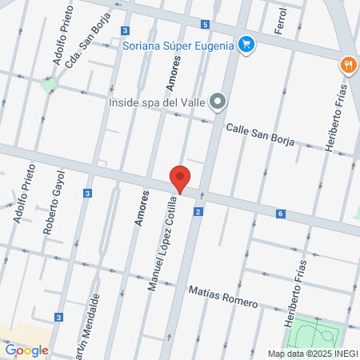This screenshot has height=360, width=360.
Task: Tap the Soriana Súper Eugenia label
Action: [x=178, y=45]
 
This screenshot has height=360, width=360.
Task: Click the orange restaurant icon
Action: [x=348, y=64]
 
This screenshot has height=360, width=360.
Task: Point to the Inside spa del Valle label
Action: [x=157, y=102]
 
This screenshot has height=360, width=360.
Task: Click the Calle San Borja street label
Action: [x=260, y=134]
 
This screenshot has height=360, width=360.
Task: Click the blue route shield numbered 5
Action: [x=206, y=26]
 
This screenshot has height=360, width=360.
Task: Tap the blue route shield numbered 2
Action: [x=198, y=212]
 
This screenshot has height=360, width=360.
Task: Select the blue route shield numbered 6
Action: [x=281, y=214]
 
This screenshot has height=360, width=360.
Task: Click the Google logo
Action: [x=26, y=350]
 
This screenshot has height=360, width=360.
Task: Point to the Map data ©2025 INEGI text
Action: [x=311, y=354]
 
